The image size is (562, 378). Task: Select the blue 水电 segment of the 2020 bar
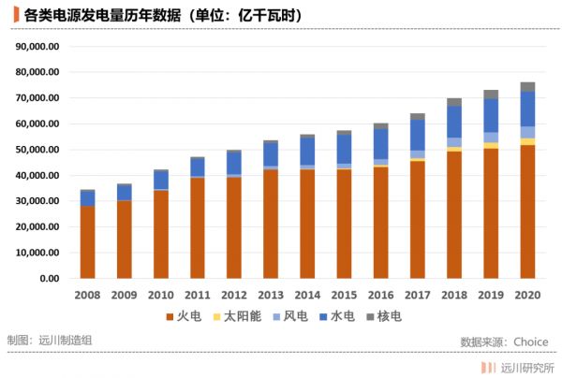click(527, 109)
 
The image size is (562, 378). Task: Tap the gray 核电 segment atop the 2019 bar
click(491, 94)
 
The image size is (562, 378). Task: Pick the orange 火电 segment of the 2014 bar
click(307, 224)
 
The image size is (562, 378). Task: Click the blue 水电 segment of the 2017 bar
click(417, 134)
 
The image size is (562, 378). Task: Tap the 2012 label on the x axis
click(234, 295)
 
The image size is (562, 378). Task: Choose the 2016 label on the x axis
click(380, 295)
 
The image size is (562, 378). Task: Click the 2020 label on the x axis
click(527, 295)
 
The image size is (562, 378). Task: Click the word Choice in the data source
click(530, 342)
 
